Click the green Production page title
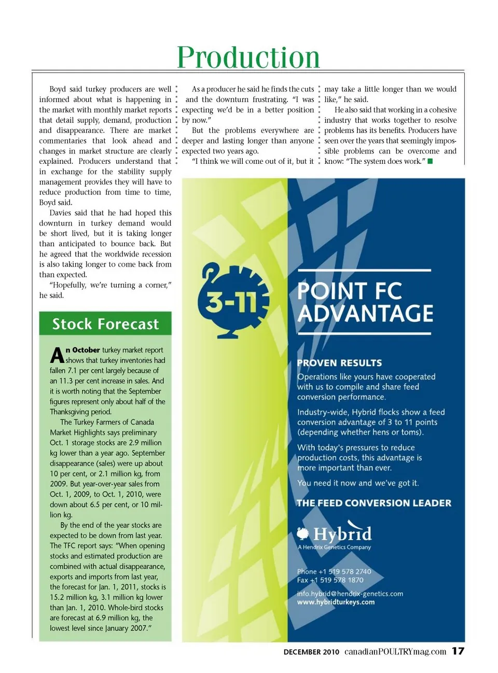248,57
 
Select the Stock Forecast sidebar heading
105,324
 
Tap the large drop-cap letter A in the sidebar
57,356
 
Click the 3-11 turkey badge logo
233,299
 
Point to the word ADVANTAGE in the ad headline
365,314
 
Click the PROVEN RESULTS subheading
339,363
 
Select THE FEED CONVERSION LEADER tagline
374,503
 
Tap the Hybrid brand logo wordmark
342,534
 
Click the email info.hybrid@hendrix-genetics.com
350,594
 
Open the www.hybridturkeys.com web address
336,602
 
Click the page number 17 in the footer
458,651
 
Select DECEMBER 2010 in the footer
311,652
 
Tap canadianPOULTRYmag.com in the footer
395,652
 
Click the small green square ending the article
430,161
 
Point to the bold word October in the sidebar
86,350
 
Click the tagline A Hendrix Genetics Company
335,547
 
